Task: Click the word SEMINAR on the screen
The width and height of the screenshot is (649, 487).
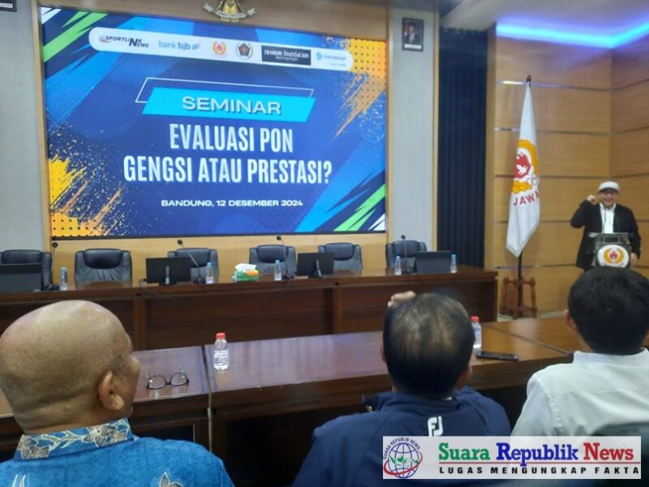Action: pos(231,106)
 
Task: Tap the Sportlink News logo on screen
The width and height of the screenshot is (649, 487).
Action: pos(124,41)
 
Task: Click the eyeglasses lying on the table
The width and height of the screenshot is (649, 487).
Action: pos(167,380)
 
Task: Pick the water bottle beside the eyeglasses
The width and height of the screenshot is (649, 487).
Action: pos(221,352)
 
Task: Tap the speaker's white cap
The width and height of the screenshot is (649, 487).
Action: pos(608,187)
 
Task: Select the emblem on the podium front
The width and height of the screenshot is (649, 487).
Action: pos(613,256)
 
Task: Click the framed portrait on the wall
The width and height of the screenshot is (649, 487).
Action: pos(412,34)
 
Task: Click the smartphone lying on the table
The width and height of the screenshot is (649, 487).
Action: pos(496,355)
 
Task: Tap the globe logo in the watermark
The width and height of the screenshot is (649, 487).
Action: pos(402,459)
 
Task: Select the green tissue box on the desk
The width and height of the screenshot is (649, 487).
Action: pos(245,274)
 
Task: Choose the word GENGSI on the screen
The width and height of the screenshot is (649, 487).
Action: pos(155,170)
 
